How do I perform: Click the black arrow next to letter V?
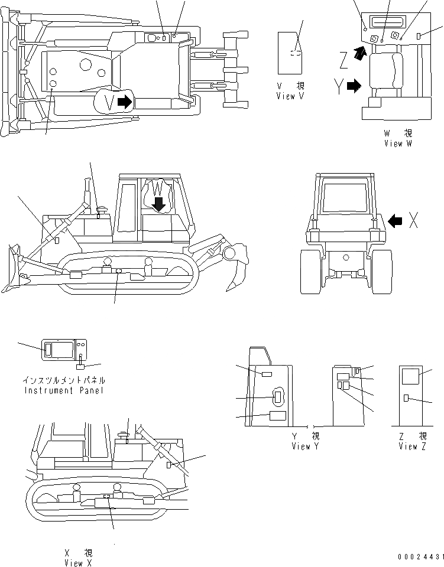tap(125, 102)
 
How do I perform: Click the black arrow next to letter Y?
tap(354, 87)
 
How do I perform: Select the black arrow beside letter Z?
tap(358, 55)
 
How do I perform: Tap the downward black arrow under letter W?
tap(158, 204)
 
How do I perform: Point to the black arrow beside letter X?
tap(396, 221)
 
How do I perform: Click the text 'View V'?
tap(290, 96)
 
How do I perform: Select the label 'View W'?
tap(401, 144)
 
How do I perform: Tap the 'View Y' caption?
tap(306, 447)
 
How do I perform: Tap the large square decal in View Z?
tap(410, 376)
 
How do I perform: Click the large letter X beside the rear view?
tap(415, 220)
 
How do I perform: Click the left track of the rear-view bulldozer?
tap(312, 271)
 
